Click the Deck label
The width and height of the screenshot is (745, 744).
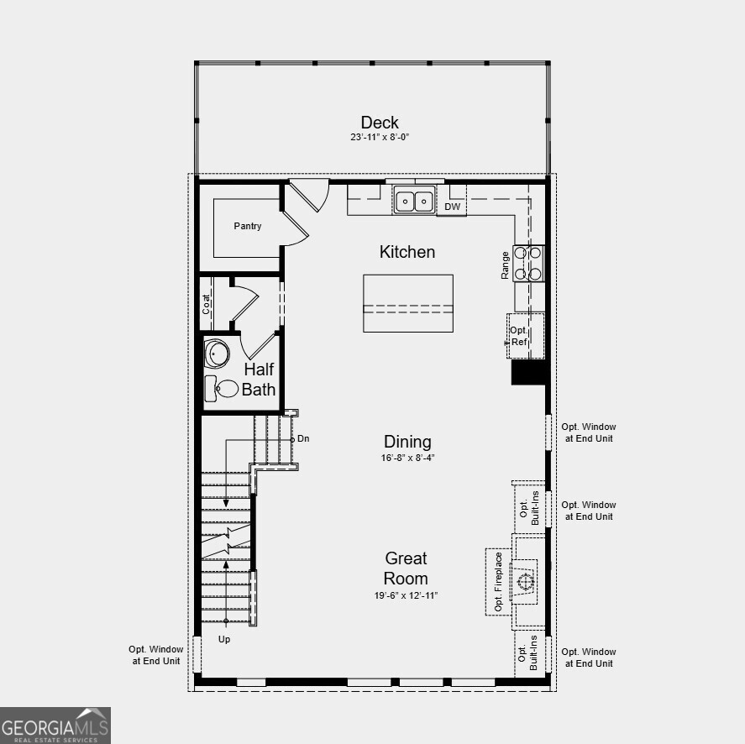pyautogui.click(x=380, y=123)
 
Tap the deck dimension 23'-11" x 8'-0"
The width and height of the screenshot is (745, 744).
pyautogui.click(x=380, y=137)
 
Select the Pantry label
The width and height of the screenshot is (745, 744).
pyautogui.click(x=248, y=226)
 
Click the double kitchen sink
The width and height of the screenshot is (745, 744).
pyautogui.click(x=415, y=201)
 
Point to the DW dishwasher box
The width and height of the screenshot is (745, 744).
pyautogui.click(x=452, y=207)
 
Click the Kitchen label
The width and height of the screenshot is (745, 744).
pyautogui.click(x=407, y=252)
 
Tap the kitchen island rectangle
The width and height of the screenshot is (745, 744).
pyautogui.click(x=408, y=303)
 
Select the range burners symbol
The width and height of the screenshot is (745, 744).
pyautogui.click(x=529, y=263)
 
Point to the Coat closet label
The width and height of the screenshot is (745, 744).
pyautogui.click(x=207, y=303)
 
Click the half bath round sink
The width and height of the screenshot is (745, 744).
pyautogui.click(x=217, y=354)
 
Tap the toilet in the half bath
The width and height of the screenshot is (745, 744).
pyautogui.click(x=221, y=388)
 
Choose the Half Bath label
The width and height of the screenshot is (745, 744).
pyautogui.click(x=259, y=379)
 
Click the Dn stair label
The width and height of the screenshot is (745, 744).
pyautogui.click(x=304, y=438)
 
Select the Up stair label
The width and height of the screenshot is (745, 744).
pyautogui.click(x=224, y=639)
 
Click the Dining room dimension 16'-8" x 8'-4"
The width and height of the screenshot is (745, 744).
pyautogui.click(x=407, y=458)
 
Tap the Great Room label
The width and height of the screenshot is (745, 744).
pyautogui.click(x=407, y=568)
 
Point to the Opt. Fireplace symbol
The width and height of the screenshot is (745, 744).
pyautogui.click(x=526, y=582)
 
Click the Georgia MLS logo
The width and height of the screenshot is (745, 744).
pyautogui.click(x=55, y=726)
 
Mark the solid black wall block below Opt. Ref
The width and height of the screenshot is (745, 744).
pyautogui.click(x=529, y=372)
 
